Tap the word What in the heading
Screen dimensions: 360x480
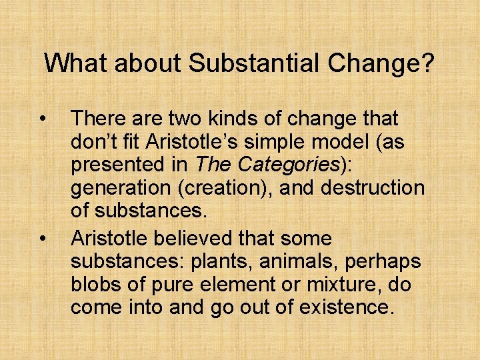(x=71, y=64)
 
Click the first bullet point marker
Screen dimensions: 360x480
(x=43, y=119)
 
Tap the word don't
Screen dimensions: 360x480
(x=93, y=143)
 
